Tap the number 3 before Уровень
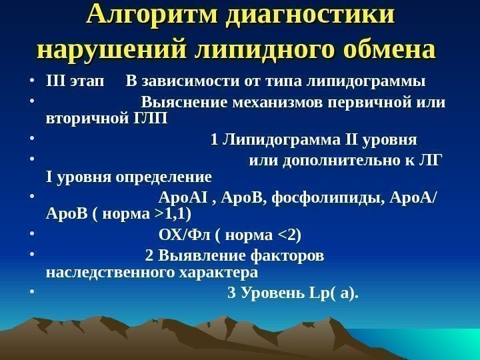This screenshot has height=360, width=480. tap(232, 294)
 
